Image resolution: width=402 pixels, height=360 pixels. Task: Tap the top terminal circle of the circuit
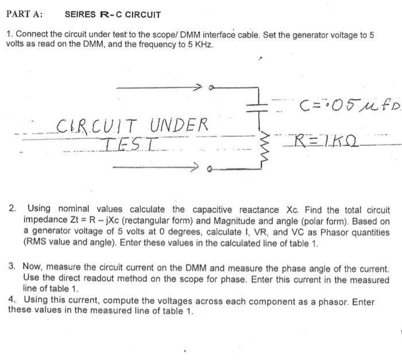(x=212, y=87)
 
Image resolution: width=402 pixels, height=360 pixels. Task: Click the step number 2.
(x=13, y=210)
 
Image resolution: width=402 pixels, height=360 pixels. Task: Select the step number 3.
(x=13, y=266)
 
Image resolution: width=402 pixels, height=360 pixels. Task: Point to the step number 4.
(x=13, y=300)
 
